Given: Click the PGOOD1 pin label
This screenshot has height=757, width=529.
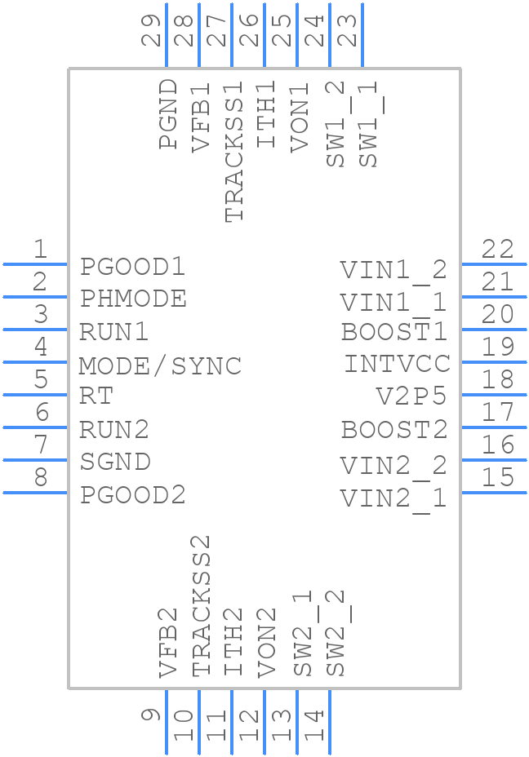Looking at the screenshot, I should pos(132,267).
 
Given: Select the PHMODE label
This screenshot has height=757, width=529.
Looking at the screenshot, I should pos(133,299).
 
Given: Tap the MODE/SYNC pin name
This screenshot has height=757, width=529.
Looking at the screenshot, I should pos(160,365).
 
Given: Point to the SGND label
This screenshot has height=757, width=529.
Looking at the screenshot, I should pos(115,462).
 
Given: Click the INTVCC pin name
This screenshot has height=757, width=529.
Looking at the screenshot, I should pos(397,364).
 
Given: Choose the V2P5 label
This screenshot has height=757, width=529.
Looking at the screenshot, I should pos(411,396).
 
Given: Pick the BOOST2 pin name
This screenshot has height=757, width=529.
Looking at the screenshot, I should pos(394,429).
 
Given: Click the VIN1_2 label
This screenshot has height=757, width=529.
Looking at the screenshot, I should pos(393,270).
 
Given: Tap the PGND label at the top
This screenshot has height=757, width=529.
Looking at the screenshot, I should pos(168,113).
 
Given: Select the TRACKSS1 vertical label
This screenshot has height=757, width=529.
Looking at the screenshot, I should pos(234,151).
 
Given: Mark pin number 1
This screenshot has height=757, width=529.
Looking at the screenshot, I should pos(39,250).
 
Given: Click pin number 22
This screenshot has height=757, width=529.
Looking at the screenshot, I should pos(497,249).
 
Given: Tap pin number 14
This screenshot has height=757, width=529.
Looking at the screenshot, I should pos(314,725).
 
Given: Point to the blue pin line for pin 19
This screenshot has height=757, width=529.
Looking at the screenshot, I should pos(493,361).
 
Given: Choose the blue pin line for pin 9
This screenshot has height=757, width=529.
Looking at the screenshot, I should pos(167,722).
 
